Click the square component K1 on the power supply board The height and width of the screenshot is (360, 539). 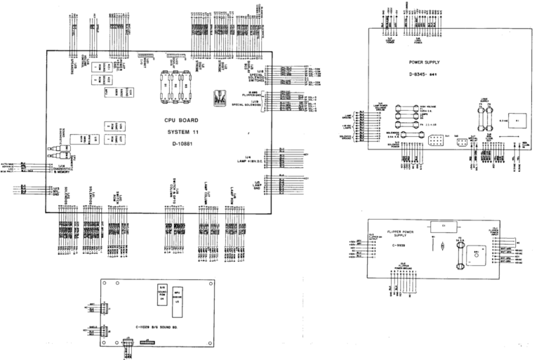(x=517, y=120)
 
